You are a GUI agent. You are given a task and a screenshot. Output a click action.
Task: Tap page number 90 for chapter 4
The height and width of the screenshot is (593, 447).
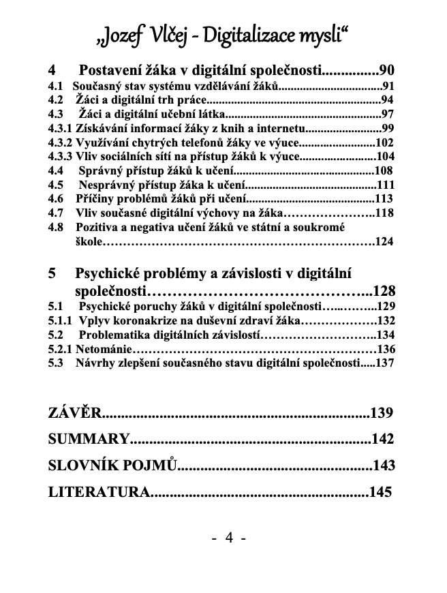click(386, 70)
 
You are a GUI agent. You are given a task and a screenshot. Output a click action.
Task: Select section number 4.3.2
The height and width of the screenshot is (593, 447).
click(60, 142)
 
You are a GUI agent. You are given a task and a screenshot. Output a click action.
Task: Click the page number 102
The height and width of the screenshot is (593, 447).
click(384, 142)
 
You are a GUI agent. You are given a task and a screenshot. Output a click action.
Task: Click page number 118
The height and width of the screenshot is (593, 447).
click(384, 213)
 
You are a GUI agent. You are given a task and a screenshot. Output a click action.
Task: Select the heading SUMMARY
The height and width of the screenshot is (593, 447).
click(89, 439)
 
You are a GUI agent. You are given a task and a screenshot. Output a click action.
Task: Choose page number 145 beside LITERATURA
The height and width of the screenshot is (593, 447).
click(380, 491)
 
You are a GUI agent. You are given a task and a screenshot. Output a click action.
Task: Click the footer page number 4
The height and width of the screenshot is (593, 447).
click(229, 538)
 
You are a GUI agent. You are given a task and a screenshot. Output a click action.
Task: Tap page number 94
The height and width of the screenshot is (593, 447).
click(387, 100)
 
